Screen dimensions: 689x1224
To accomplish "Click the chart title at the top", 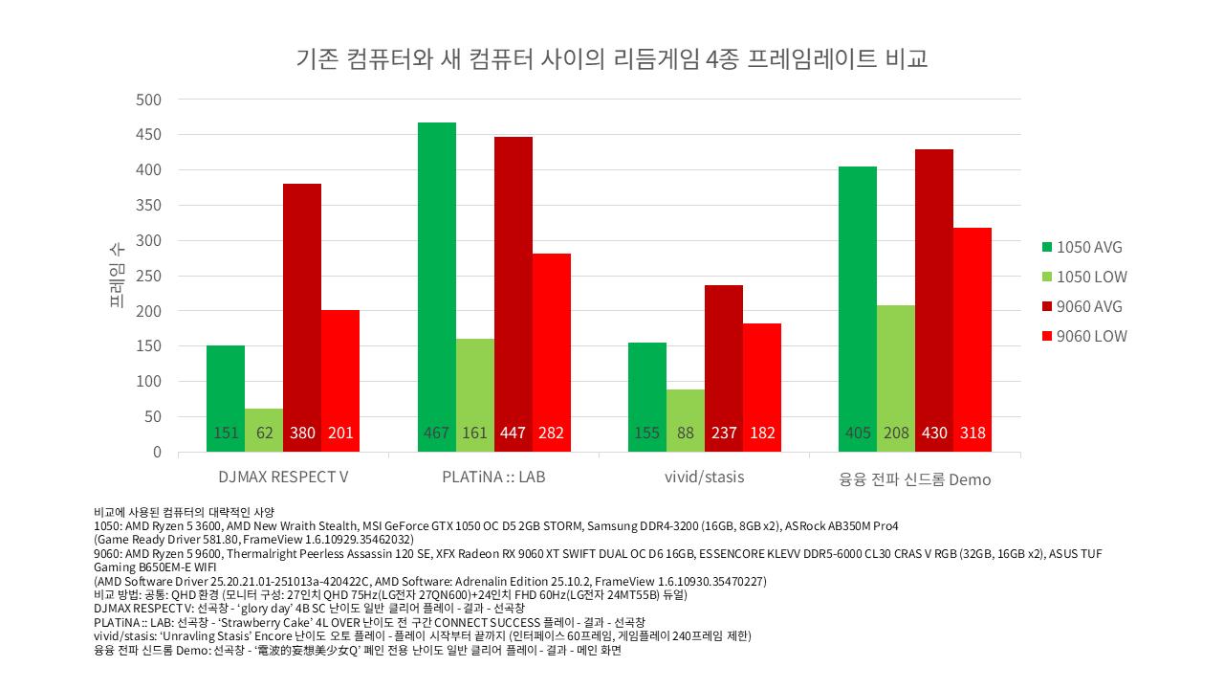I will (x=612, y=59).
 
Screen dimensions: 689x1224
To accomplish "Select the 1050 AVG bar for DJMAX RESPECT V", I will (x=226, y=397).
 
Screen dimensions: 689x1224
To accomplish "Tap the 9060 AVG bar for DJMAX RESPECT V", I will (x=302, y=316).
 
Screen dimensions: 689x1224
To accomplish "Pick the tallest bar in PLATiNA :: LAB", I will (x=437, y=287).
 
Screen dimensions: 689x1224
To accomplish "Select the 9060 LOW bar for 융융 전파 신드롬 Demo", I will (x=973, y=340).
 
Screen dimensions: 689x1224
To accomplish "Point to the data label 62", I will (x=264, y=433).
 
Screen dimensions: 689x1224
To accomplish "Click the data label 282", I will (x=552, y=433).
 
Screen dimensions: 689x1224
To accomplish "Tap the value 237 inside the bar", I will (x=724, y=433).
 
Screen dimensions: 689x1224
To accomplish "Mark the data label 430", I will (x=934, y=433).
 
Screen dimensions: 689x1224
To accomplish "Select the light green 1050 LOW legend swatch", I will (x=1047, y=277).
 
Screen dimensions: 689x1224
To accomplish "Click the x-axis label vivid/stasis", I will (x=705, y=476).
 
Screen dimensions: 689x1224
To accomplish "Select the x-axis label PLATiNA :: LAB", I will (x=493, y=476).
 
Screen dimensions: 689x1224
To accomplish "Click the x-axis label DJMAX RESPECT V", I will (x=283, y=476).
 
